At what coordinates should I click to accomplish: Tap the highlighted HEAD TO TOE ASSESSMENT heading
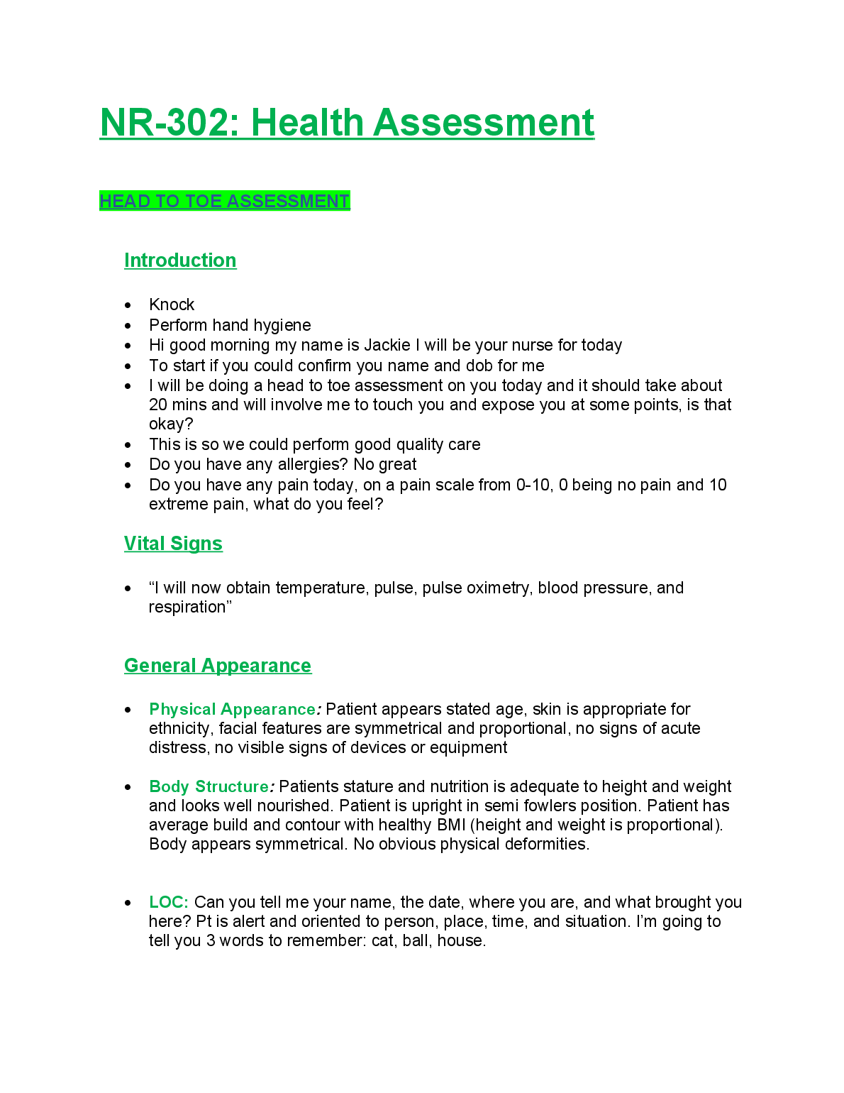coord(224,202)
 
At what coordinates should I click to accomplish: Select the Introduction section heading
coord(180,260)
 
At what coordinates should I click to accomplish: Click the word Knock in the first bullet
coord(172,304)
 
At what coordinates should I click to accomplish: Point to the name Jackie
coord(387,345)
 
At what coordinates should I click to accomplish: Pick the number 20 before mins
coord(158,405)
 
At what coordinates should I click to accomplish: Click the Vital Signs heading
coord(173,544)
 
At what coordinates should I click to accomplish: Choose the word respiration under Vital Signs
coord(187,607)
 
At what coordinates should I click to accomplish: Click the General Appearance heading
coord(218,666)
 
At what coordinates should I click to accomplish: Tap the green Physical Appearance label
coord(232,709)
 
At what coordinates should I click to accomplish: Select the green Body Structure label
coord(209,786)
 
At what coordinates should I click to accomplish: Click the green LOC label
coord(168,902)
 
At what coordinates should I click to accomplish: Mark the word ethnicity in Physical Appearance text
coord(179,728)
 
